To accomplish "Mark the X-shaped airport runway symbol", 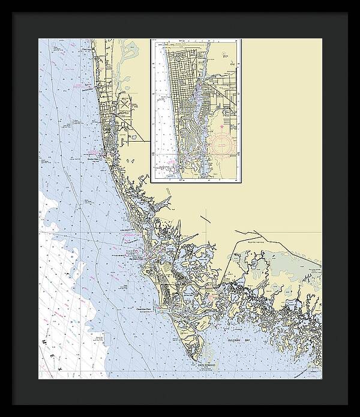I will pyautogui.click(x=124, y=103).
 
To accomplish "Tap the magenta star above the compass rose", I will pyautogui.click(x=221, y=127).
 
